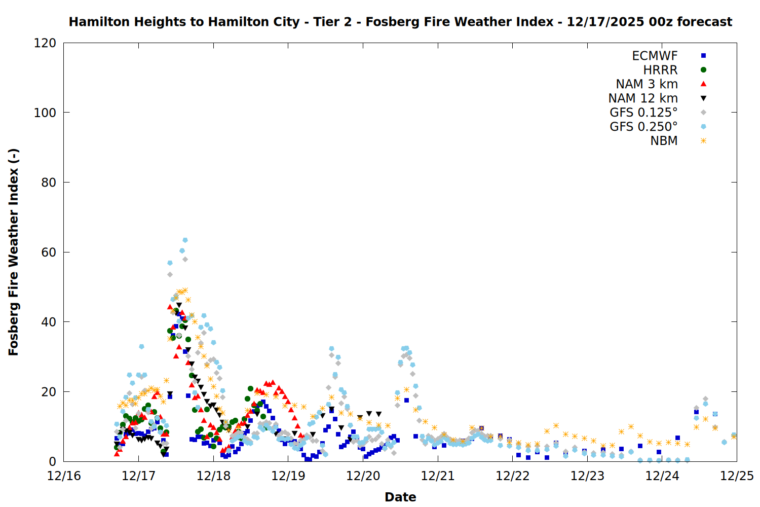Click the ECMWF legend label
pyautogui.click(x=655, y=56)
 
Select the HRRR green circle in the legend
pyautogui.click(x=703, y=70)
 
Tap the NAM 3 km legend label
pyautogui.click(x=647, y=84)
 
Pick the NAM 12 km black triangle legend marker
pyautogui.click(x=703, y=98)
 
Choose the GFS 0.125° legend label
pyautogui.click(x=643, y=113)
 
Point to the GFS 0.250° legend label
pyautogui.click(x=643, y=127)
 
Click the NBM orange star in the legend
pyautogui.click(x=703, y=141)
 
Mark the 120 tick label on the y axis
pyautogui.click(x=45, y=43)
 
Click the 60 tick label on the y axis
pyautogui.click(x=49, y=252)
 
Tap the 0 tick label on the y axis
pyautogui.click(x=53, y=462)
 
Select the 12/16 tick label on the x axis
pyautogui.click(x=64, y=476)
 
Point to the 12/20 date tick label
pyautogui.click(x=363, y=476)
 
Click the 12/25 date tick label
pyautogui.click(x=737, y=476)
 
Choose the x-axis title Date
pyautogui.click(x=400, y=497)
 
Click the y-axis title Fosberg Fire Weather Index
pyautogui.click(x=14, y=252)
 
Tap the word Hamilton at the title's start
pyautogui.click(x=96, y=22)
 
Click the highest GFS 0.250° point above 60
pyautogui.click(x=185, y=240)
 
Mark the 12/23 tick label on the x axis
pyautogui.click(x=587, y=476)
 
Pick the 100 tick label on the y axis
pyautogui.click(x=45, y=113)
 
